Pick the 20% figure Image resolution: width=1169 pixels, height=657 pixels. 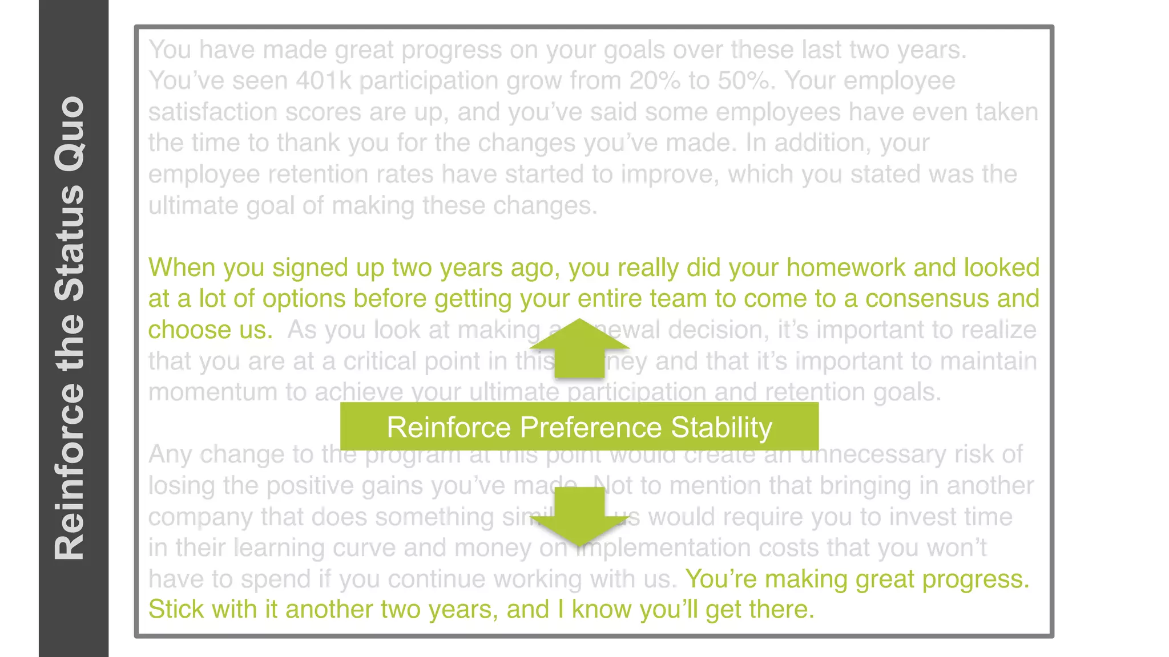coord(655,81)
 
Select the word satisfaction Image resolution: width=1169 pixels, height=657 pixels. coord(213,112)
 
